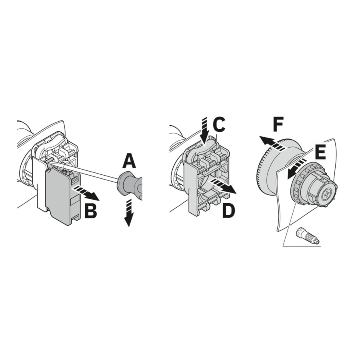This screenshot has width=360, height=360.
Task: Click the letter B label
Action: click(91, 210)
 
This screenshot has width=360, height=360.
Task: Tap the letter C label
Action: click(219, 125)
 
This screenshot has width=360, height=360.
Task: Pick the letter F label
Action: click(278, 124)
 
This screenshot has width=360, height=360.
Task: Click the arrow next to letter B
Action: click(86, 193)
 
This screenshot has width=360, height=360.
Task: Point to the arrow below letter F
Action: click(273, 144)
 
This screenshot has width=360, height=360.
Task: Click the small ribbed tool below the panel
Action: click(308, 235)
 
